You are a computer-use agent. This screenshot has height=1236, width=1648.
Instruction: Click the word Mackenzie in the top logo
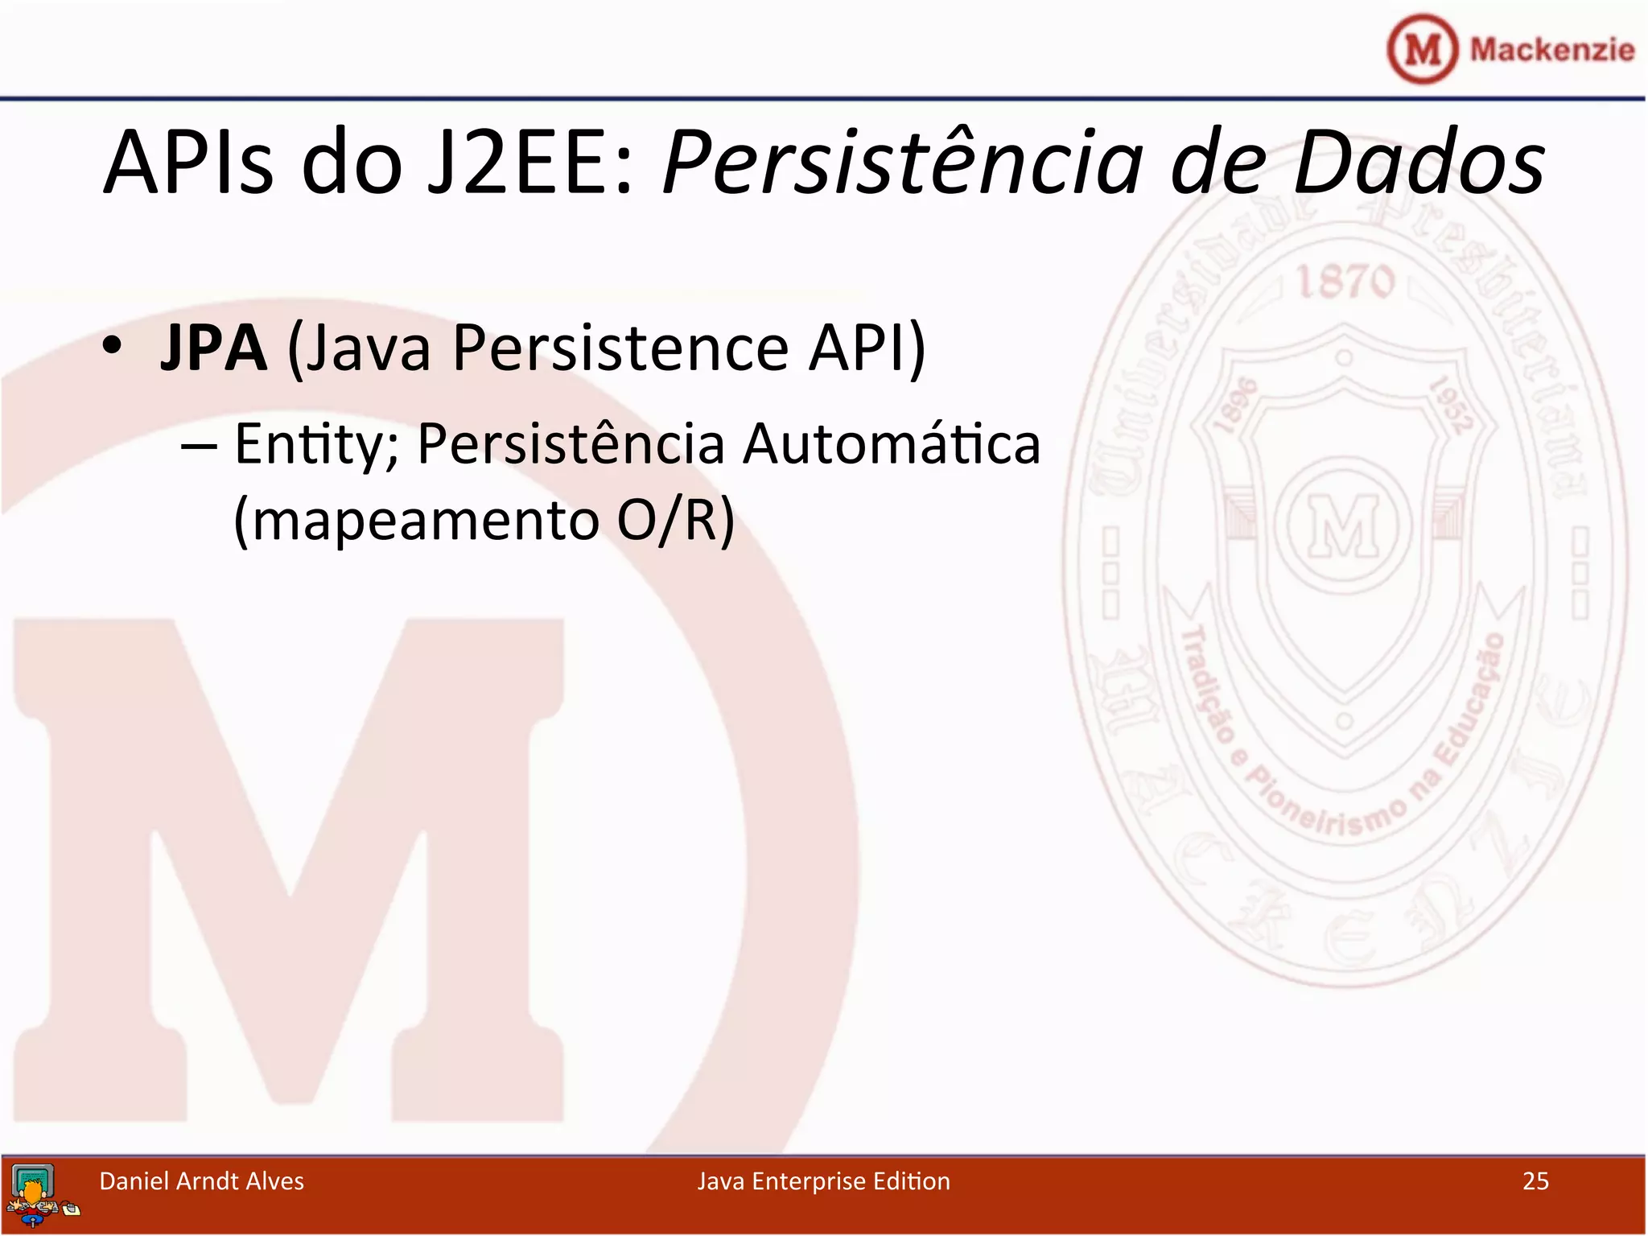(x=1551, y=50)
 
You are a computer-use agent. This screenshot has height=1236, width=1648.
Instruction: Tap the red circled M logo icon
(x=1423, y=50)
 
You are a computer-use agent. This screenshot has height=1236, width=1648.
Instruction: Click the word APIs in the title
(x=189, y=163)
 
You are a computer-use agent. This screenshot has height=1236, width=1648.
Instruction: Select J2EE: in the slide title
(x=531, y=163)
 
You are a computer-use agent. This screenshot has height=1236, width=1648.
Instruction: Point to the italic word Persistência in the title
(x=901, y=163)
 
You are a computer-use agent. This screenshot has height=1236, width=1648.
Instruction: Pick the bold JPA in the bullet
(x=213, y=348)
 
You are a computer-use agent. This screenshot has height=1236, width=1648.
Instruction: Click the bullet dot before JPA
(x=113, y=346)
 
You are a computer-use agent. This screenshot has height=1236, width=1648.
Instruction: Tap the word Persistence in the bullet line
(x=620, y=348)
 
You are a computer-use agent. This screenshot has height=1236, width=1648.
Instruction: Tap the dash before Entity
(x=199, y=445)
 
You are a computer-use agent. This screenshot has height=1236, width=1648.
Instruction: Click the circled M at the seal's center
(x=1344, y=525)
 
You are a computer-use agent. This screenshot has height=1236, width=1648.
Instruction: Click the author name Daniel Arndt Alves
(x=201, y=1180)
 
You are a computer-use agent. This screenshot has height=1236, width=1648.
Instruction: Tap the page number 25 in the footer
(x=1535, y=1180)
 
